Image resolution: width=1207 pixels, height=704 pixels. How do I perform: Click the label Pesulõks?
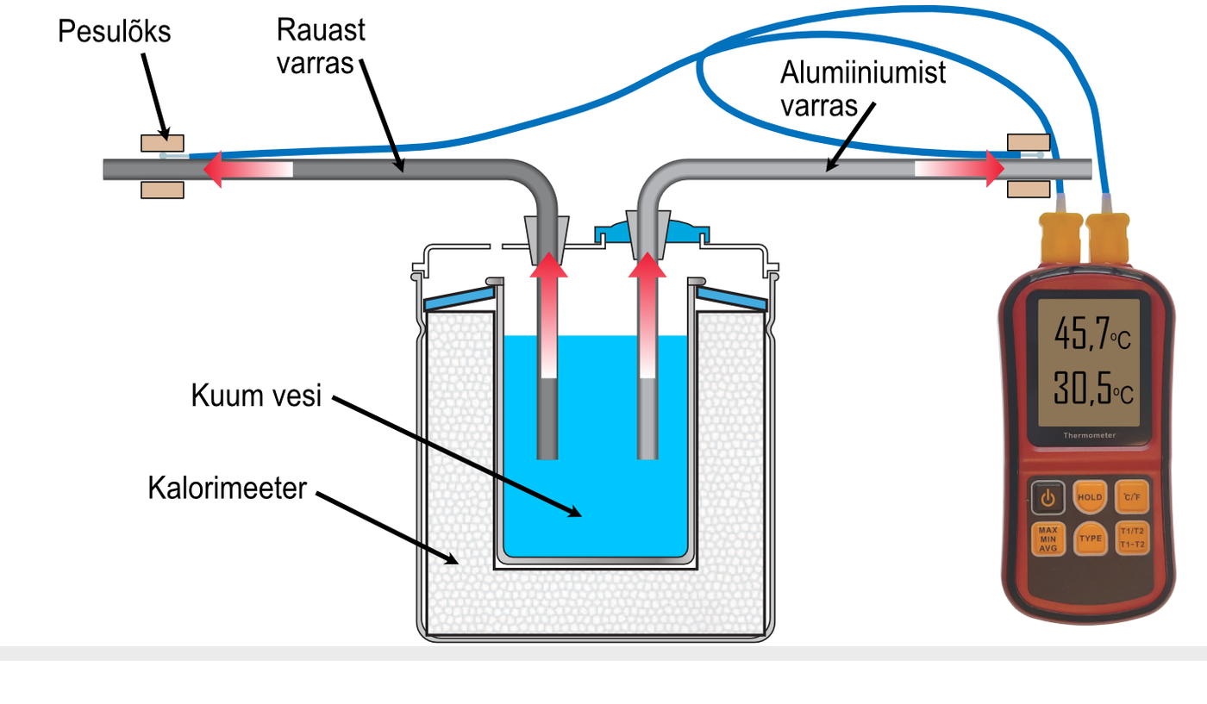(x=115, y=33)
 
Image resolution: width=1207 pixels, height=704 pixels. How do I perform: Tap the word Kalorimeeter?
(x=228, y=489)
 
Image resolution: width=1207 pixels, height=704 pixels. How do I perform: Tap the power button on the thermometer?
(x=1048, y=497)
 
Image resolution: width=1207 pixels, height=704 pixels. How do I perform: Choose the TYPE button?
(x=1091, y=539)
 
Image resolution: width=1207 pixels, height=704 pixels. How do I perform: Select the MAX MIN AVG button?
(x=1048, y=539)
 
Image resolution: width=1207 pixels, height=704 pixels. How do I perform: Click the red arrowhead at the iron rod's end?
(x=215, y=169)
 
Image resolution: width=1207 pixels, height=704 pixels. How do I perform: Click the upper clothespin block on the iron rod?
(x=162, y=142)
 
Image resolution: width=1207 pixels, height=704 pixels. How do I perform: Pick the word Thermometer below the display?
(x=1088, y=436)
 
